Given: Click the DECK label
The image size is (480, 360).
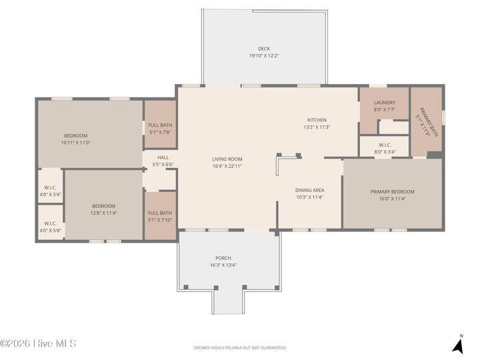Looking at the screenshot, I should [x=264, y=49].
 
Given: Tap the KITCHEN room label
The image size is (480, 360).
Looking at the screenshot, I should [x=317, y=120].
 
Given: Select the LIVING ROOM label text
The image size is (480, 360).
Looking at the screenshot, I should [x=227, y=159].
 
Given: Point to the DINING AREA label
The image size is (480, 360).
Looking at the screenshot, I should [x=309, y=190].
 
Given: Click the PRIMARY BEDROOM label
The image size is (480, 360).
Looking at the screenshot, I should [x=392, y=192].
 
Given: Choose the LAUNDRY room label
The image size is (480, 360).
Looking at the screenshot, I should [x=384, y=103].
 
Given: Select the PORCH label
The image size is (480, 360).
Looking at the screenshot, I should [x=223, y=258].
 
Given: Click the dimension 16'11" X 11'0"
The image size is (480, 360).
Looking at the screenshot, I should [x=75, y=142].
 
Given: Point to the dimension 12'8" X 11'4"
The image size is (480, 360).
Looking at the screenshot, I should [x=103, y=213].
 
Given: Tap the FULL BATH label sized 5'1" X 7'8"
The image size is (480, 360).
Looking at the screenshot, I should [x=160, y=125].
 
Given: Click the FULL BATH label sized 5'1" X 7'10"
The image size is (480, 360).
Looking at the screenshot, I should [x=160, y=213].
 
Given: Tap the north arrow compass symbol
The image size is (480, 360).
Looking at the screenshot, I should [x=457, y=345].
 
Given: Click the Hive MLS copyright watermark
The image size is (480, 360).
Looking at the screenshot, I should [x=39, y=344].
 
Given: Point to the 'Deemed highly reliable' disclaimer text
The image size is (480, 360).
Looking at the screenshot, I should [x=240, y=348].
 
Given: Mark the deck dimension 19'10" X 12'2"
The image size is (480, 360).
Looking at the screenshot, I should [x=264, y=56].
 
